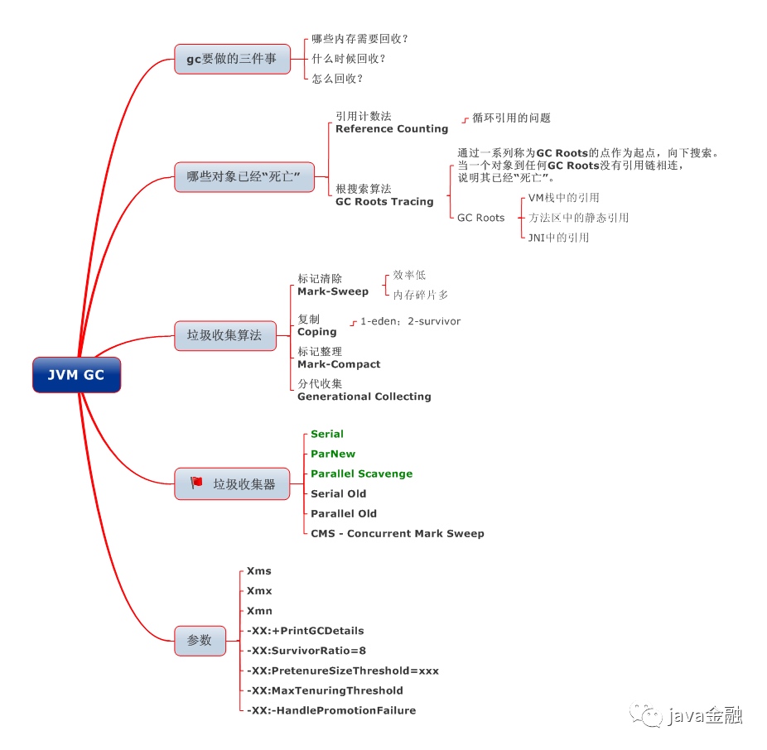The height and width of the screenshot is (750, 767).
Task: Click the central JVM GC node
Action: [76, 375]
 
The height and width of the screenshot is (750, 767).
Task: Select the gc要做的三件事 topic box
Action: [232, 59]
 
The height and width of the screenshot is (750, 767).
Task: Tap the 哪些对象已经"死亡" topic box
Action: [244, 177]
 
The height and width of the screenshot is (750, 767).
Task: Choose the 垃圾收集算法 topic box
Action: [224, 335]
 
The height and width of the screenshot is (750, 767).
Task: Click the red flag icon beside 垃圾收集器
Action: [196, 483]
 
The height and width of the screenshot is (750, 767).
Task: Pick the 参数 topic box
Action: [200, 640]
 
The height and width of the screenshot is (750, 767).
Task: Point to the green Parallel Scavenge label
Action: [361, 474]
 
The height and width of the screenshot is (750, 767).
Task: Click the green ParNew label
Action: [333, 454]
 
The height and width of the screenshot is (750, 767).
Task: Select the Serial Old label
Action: [338, 493]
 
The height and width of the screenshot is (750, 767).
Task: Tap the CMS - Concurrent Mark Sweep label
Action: [397, 533]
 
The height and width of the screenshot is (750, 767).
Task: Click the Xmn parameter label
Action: [259, 611]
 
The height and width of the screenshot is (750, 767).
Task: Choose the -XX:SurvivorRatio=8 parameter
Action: [306, 651]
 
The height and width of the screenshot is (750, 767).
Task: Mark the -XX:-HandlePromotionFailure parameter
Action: [331, 710]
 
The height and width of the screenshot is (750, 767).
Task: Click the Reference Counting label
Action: [392, 129]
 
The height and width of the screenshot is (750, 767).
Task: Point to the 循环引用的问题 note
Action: [511, 118]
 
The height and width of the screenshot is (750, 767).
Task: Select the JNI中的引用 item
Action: [558, 238]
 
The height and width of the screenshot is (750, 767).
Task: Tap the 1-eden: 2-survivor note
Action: [410, 321]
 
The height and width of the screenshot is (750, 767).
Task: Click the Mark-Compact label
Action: [339, 364]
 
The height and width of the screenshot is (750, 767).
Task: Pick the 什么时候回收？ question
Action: [348, 59]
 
